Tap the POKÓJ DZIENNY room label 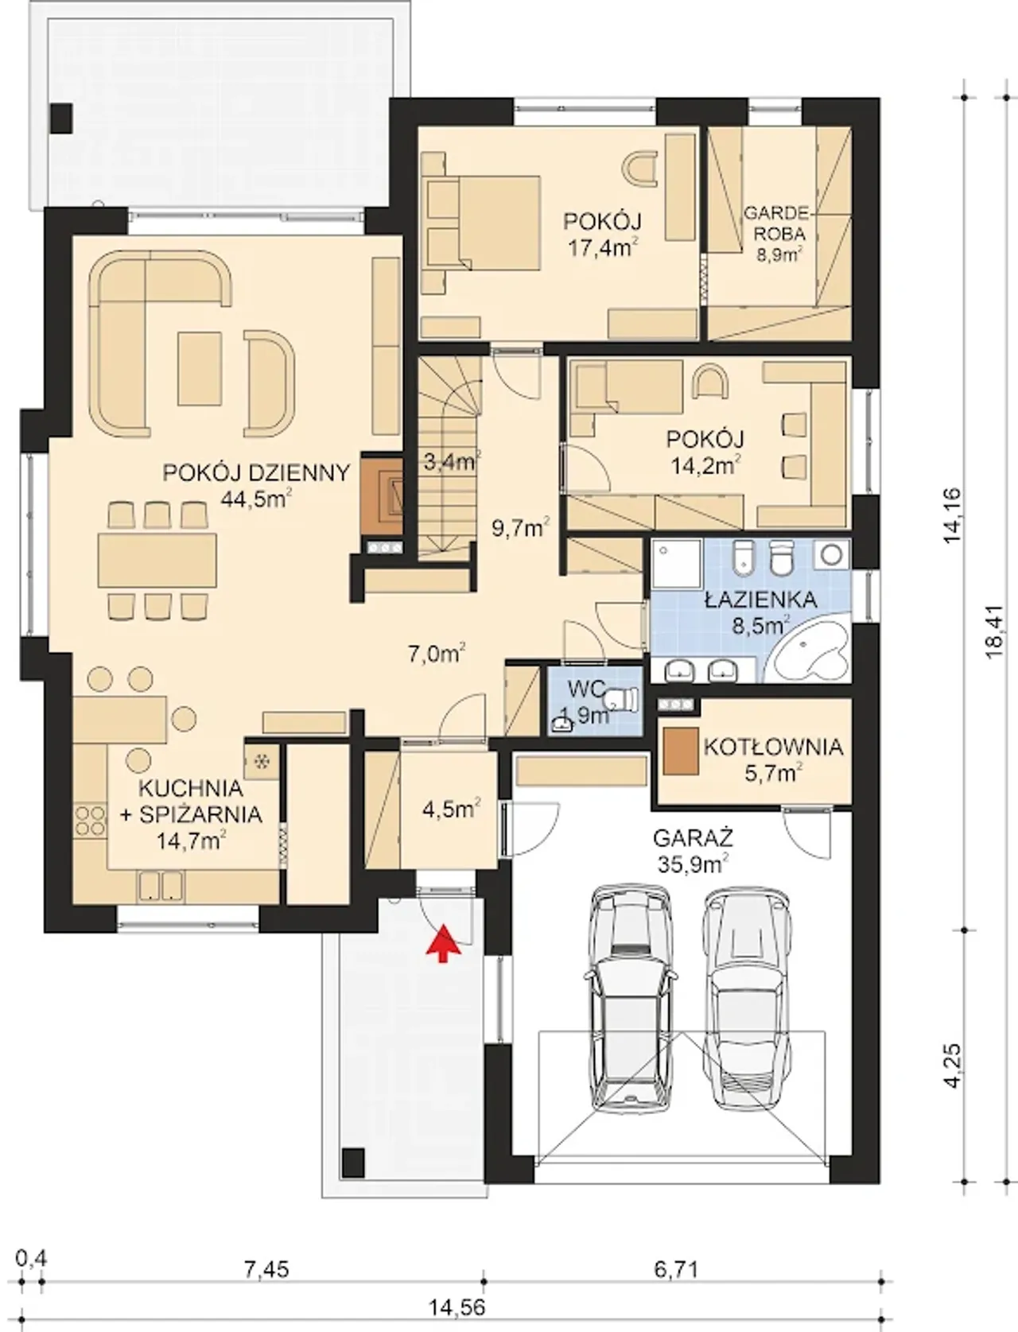256,472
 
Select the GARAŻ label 694,839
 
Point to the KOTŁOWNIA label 774,747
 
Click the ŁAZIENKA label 761,600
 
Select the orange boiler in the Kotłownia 680,751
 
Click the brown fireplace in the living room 382,495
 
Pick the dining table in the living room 157,560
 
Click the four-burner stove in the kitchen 90,819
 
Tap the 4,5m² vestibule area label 452,808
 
